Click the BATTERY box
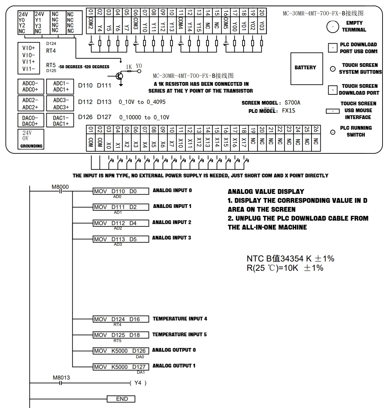click(307, 69)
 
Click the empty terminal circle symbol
click(333, 26)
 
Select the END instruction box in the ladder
click(121, 399)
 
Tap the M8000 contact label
click(60, 187)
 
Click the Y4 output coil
click(138, 383)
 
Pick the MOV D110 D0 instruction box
click(121, 191)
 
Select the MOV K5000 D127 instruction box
click(121, 367)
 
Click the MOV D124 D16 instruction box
click(121, 319)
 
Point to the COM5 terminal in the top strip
click(226, 21)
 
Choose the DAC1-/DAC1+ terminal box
click(60, 121)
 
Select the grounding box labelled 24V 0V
click(31, 139)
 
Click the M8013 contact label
click(61, 377)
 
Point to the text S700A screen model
click(292, 103)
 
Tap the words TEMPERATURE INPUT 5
click(179, 334)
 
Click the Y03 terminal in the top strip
click(262, 21)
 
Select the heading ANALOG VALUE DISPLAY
click(266, 191)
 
